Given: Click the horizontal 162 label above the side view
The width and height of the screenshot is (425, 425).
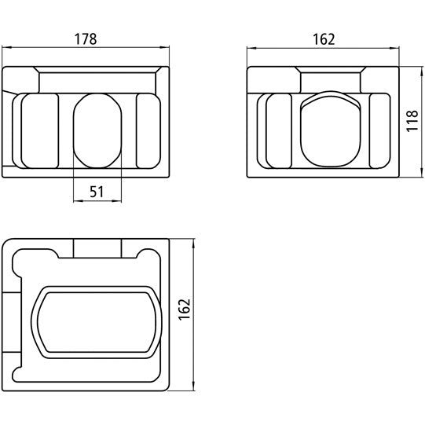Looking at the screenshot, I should tap(323, 37).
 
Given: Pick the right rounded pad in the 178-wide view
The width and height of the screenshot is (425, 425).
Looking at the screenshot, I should tap(148, 130).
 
